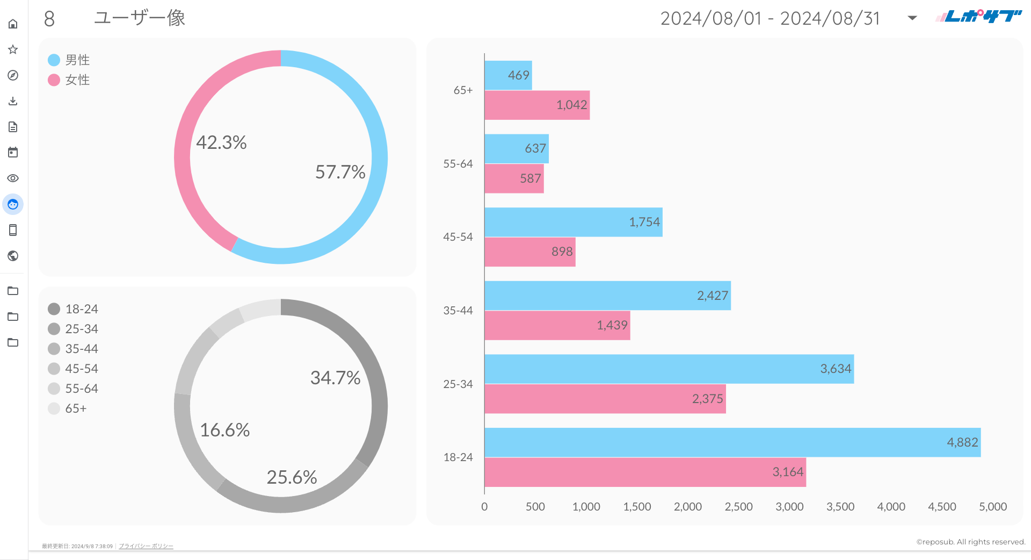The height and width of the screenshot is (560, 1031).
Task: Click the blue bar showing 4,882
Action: pyautogui.click(x=732, y=442)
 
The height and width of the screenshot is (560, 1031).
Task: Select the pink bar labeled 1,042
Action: pyautogui.click(x=537, y=105)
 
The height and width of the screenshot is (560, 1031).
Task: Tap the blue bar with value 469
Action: pyautogui.click(x=508, y=75)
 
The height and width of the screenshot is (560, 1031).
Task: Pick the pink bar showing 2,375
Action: pyautogui.click(x=605, y=399)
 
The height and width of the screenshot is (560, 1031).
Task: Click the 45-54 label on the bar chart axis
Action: pyautogui.click(x=458, y=237)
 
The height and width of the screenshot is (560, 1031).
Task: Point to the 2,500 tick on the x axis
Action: pyautogui.click(x=738, y=507)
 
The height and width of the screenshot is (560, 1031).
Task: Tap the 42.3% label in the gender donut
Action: pyautogui.click(x=221, y=142)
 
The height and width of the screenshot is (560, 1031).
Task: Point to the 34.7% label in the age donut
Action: pyautogui.click(x=335, y=378)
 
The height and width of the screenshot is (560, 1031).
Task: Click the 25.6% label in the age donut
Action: pyautogui.click(x=292, y=477)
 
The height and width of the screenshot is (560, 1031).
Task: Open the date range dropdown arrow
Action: pyautogui.click(x=912, y=18)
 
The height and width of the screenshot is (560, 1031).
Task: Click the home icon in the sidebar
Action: pyautogui.click(x=13, y=24)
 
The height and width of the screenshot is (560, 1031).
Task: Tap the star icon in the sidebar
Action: pyautogui.click(x=13, y=49)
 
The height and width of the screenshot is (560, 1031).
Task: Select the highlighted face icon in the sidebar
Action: pyautogui.click(x=13, y=204)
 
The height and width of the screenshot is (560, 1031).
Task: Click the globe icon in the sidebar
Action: pyautogui.click(x=13, y=256)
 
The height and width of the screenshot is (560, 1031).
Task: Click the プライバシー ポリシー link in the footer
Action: pyautogui.click(x=146, y=546)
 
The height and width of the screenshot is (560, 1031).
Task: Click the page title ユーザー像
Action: pyautogui.click(x=140, y=18)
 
